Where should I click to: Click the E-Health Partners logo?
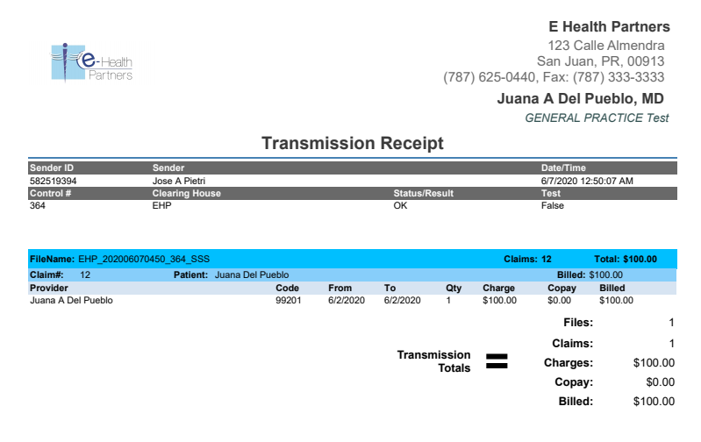point(91,63)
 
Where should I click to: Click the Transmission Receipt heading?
point(353,143)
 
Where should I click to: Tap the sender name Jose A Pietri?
point(178,181)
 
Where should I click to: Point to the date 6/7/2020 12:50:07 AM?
point(587,181)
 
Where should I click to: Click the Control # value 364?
point(38,205)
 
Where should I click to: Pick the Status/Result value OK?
point(400,205)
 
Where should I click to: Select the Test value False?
point(553,205)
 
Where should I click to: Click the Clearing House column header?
point(187,193)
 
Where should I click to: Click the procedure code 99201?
point(288,300)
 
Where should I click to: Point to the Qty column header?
point(454,288)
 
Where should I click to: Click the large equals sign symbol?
point(497,360)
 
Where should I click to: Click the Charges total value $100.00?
point(654,362)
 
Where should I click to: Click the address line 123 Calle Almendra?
point(605,46)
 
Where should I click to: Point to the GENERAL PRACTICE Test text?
point(597,118)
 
